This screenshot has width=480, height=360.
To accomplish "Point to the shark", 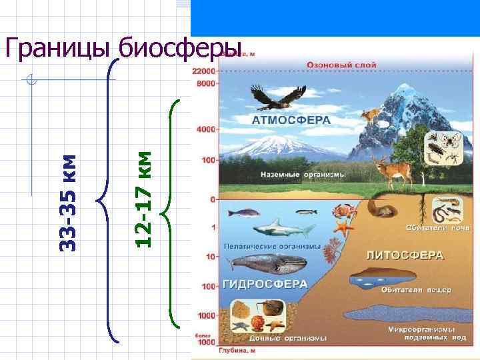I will point(285,229).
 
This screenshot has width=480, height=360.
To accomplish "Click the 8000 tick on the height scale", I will point(206,84).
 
